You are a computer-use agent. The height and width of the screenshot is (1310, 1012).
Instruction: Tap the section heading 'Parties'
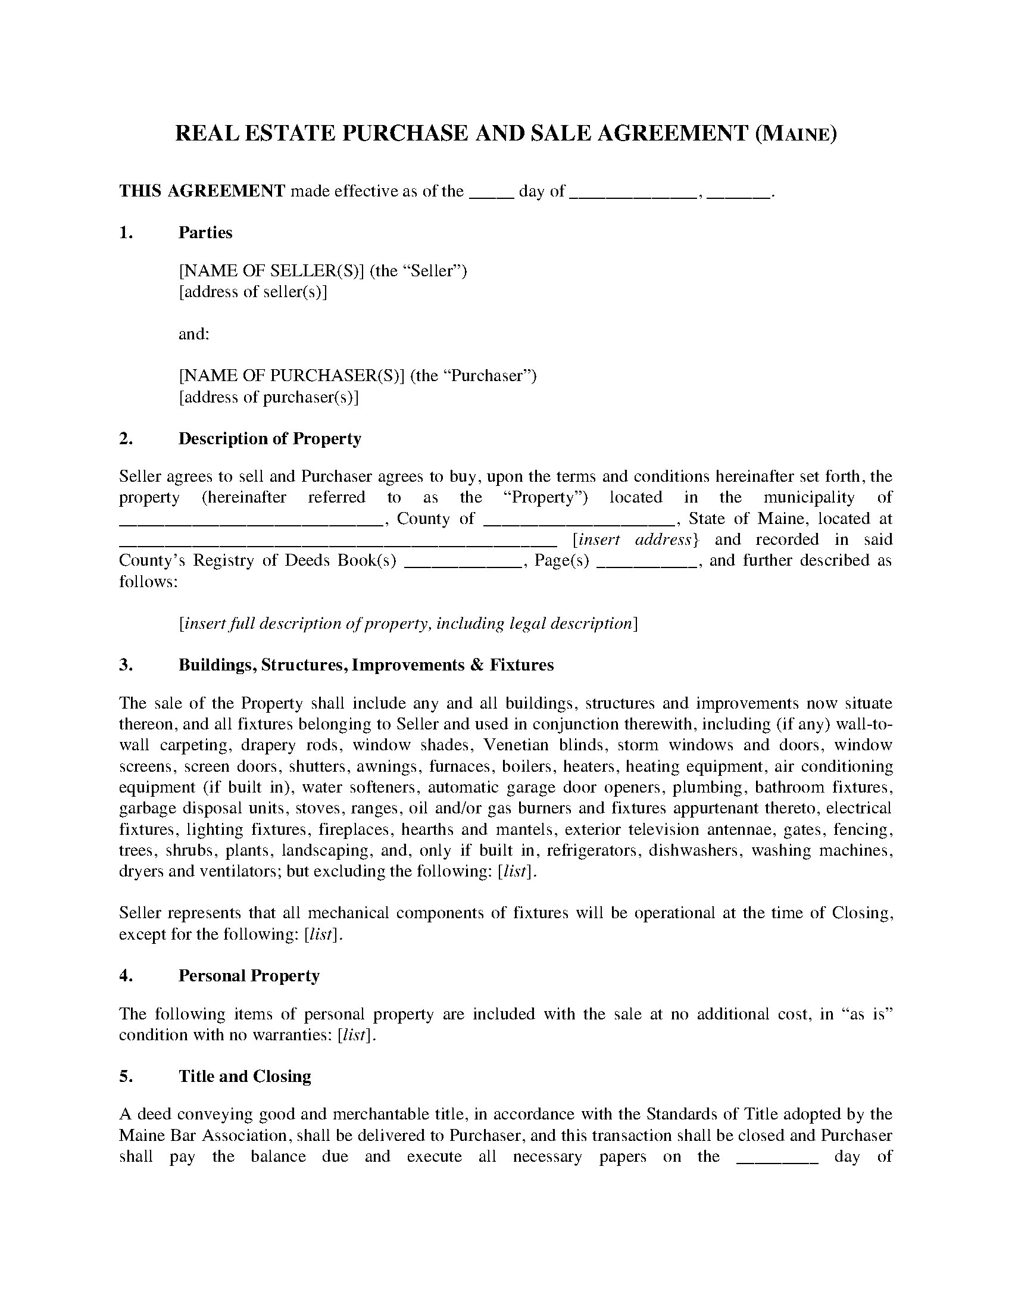[205, 233]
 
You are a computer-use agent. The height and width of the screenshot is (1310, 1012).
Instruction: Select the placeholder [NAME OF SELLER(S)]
[271, 271]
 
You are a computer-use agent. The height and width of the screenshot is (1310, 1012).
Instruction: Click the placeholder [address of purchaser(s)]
[268, 397]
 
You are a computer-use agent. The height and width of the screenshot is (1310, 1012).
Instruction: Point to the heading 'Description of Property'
[270, 438]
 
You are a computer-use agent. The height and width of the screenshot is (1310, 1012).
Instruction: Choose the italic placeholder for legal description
[408, 624]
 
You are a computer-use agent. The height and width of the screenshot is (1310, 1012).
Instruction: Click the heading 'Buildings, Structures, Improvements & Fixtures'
[366, 665]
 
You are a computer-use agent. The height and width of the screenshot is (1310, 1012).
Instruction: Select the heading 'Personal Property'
[249, 976]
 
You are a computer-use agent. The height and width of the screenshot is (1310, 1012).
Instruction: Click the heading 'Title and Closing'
[245, 1077]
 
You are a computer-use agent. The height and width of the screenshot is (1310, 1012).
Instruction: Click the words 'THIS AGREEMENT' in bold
[202, 191]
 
